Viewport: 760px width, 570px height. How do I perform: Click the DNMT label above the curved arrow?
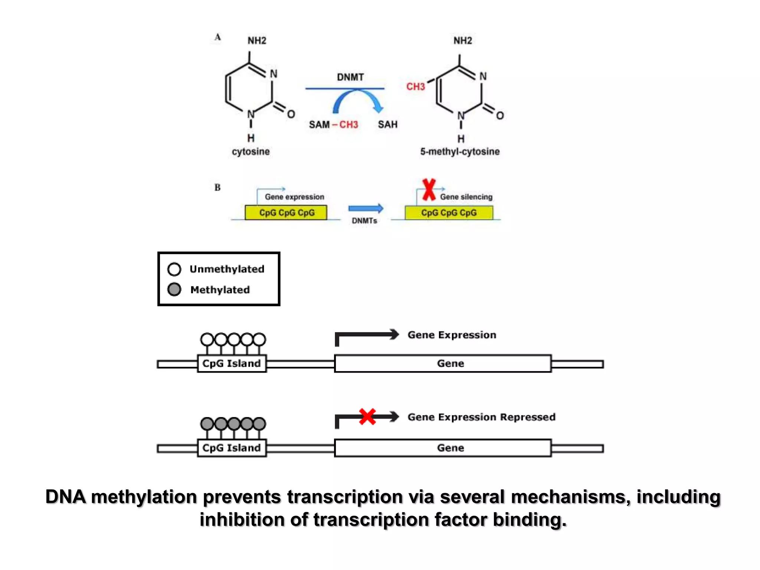[x=350, y=77]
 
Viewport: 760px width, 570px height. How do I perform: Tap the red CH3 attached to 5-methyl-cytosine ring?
[x=415, y=87]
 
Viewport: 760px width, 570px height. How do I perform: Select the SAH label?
[x=387, y=125]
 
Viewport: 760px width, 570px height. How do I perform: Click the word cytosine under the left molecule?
[x=251, y=151]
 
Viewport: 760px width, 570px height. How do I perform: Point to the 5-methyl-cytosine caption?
[x=459, y=151]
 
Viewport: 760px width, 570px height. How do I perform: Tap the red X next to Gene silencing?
[x=429, y=190]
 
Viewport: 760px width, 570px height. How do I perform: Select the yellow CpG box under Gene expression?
[x=286, y=213]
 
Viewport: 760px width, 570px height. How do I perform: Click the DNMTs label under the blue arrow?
[x=364, y=221]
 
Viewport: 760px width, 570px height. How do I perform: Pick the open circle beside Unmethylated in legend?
[x=174, y=269]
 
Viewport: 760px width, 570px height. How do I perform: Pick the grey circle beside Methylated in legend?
[x=174, y=289]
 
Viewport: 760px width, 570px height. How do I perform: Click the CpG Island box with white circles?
[x=232, y=363]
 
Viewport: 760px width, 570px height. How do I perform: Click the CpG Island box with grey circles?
[x=232, y=448]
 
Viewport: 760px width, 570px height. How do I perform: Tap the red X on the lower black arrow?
[x=367, y=417]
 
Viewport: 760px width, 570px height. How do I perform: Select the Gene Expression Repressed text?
[x=481, y=417]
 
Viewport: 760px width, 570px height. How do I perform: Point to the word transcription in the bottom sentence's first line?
[x=345, y=497]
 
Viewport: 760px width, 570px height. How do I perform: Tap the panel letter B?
[x=217, y=187]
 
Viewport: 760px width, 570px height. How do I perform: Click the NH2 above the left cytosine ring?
[x=257, y=40]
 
